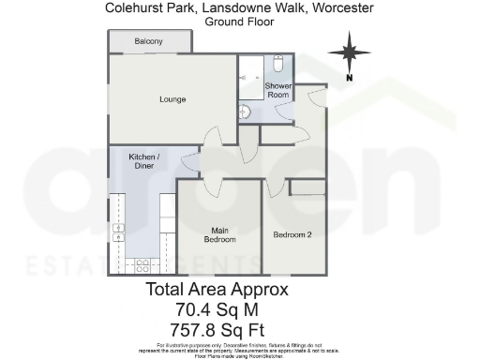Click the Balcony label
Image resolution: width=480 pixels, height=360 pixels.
click(x=148, y=42)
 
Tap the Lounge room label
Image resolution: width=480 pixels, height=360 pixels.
click(x=172, y=99)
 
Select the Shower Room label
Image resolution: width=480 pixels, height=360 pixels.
click(x=278, y=91)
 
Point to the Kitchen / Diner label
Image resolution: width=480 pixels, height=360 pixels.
click(x=144, y=161)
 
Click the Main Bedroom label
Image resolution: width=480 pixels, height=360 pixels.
click(x=218, y=235)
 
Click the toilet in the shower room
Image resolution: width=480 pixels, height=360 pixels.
click(x=278, y=65)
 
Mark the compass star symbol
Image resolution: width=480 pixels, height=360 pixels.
click(x=349, y=52)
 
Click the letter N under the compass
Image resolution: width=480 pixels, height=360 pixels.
click(x=349, y=79)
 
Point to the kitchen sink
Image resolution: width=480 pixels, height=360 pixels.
click(x=119, y=233)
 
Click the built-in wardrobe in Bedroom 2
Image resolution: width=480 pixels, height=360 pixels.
click(x=307, y=187)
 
